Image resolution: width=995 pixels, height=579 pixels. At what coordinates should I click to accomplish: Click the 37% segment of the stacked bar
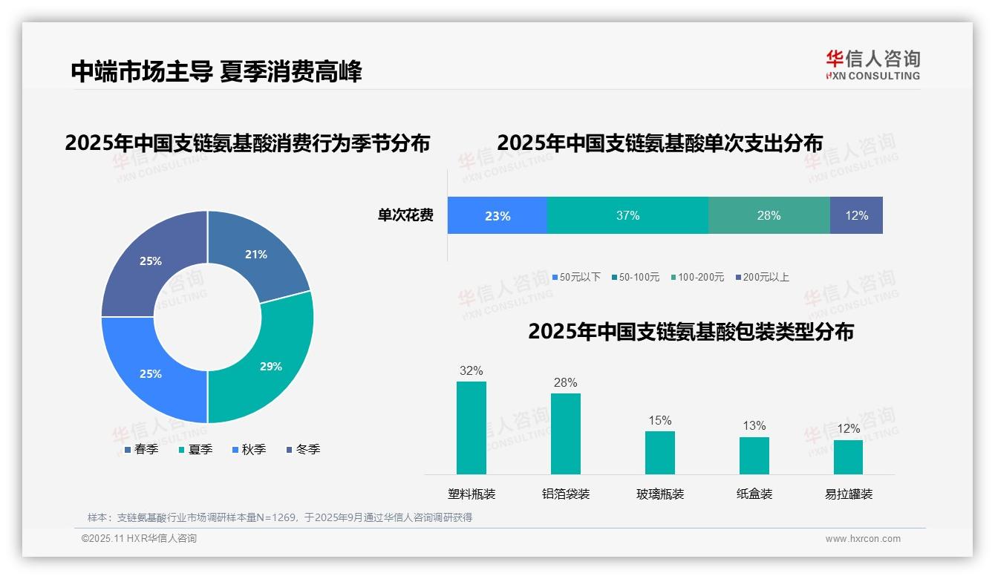627,215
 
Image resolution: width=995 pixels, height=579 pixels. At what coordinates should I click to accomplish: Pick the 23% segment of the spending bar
497,215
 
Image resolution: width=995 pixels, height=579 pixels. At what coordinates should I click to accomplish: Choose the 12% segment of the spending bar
856,215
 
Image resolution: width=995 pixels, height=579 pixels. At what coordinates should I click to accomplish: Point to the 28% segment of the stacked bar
769,215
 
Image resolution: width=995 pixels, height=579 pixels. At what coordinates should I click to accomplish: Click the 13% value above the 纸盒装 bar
754,425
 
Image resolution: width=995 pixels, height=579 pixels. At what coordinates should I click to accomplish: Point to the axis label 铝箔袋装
566,494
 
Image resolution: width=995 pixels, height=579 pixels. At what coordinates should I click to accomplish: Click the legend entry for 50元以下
576,277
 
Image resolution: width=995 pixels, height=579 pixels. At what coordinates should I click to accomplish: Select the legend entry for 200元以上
763,277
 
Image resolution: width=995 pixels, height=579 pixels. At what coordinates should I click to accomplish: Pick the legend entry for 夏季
196,449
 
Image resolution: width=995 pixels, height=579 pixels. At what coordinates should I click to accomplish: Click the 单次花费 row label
405,215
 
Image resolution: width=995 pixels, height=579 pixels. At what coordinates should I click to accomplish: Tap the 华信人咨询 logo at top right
872,65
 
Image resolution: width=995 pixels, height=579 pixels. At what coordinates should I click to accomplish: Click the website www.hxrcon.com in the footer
863,539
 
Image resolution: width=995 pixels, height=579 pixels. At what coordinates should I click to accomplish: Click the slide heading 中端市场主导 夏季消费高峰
216,71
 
